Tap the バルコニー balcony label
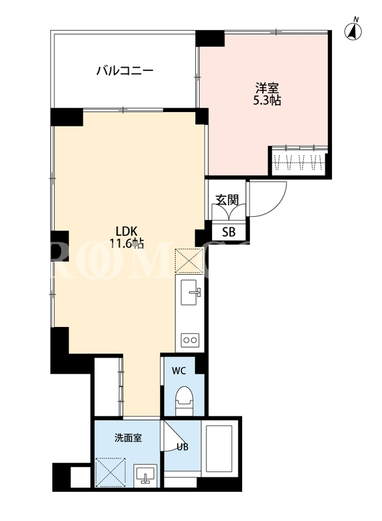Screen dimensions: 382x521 (x=125, y=70)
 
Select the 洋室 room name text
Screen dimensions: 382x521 (x=267, y=88)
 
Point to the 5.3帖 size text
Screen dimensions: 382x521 (x=267, y=100)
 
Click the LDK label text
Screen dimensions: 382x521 (x=126, y=231)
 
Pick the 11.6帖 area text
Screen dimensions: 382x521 (x=126, y=244)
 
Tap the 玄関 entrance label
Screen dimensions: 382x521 (x=227, y=199)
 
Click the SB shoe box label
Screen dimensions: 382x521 (x=228, y=232)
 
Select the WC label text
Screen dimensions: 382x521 (x=178, y=371)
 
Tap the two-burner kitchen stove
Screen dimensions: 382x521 (x=190, y=340)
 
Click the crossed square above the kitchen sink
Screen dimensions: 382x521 (x=189, y=261)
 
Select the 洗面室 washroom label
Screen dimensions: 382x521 (x=128, y=438)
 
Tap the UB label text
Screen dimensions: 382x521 (x=182, y=447)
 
